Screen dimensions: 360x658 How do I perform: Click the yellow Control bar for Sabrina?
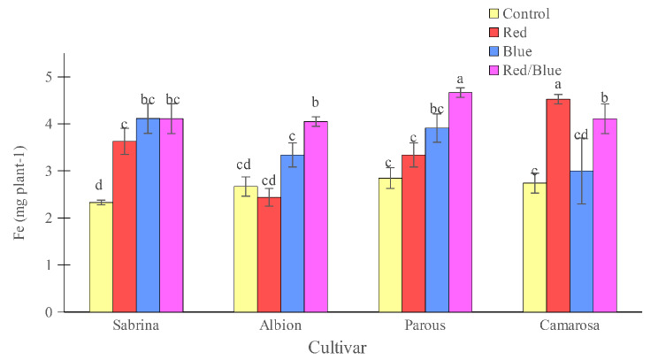tap(101, 257)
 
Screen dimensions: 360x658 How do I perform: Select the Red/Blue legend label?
tap(532, 70)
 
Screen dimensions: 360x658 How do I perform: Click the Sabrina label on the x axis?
tap(136, 326)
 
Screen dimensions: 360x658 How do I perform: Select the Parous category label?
tap(425, 326)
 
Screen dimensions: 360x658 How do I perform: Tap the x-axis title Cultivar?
tap(337, 347)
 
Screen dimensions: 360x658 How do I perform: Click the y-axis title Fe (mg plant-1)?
tap(20, 194)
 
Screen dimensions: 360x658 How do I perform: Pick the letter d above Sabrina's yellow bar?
tap(101, 186)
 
